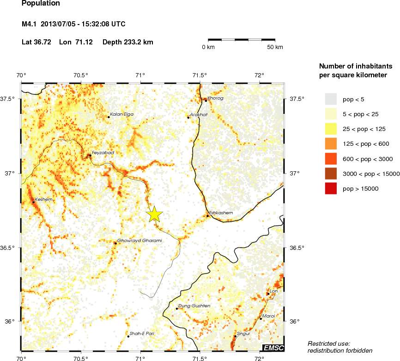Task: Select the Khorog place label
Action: point(216,98)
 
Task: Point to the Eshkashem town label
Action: point(221,213)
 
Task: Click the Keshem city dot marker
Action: point(34,202)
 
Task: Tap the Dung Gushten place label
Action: point(194,306)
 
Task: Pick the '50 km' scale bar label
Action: point(276,47)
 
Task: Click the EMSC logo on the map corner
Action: point(273,348)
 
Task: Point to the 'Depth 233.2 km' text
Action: point(128,42)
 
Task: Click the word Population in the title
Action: point(41,4)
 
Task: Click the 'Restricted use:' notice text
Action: point(329,343)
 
